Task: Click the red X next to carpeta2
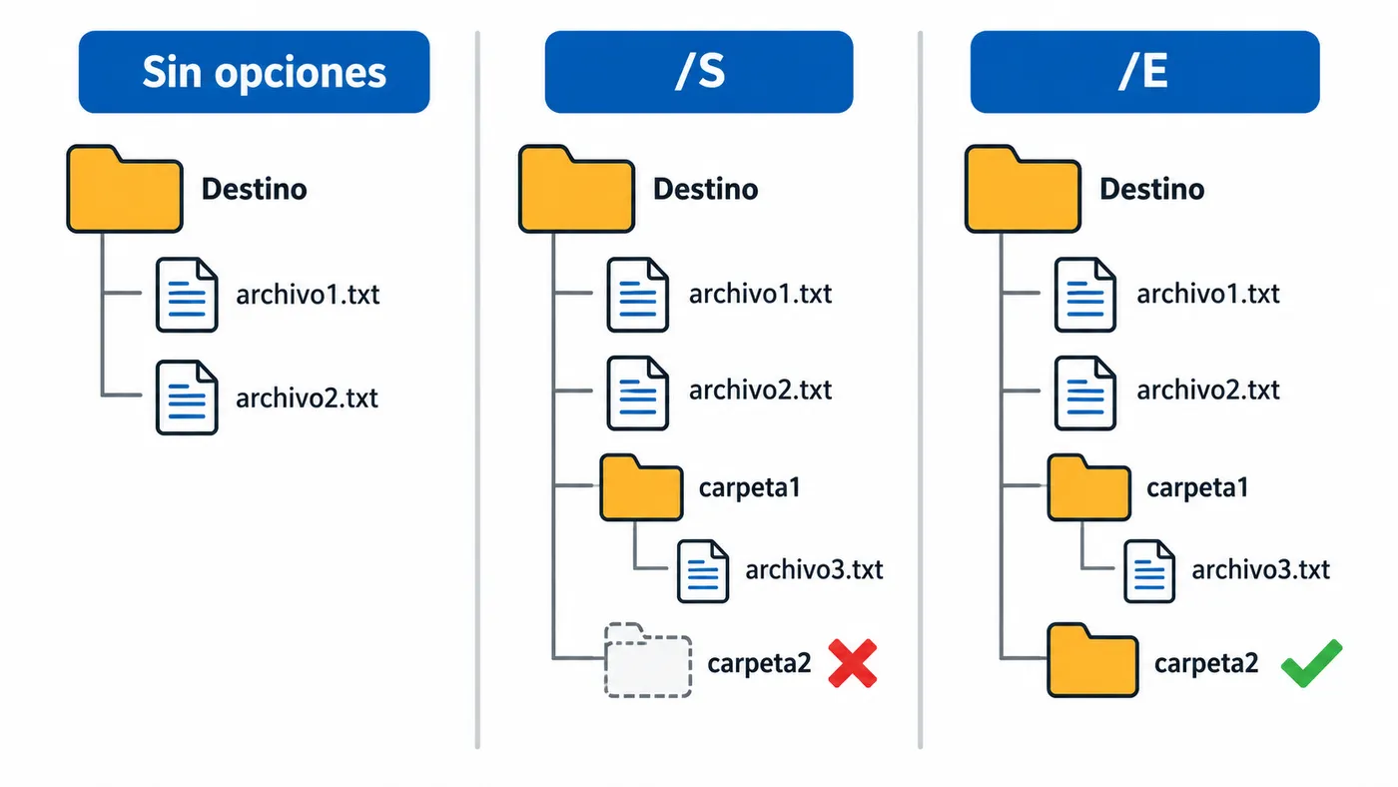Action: (853, 663)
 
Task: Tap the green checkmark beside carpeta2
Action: (1311, 663)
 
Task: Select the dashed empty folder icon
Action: (648, 660)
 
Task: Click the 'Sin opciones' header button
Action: (254, 72)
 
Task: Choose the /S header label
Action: (699, 72)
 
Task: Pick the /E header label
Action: (1144, 72)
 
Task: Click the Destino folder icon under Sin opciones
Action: (125, 189)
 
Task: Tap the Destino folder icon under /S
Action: (577, 189)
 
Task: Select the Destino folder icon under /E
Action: (1023, 189)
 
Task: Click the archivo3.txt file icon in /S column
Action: (703, 571)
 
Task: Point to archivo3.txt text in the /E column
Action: (1260, 570)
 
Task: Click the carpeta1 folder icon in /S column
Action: (641, 487)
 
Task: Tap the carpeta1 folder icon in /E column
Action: (1089, 487)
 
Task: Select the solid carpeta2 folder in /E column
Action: (1092, 660)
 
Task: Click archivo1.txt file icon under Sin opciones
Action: (187, 295)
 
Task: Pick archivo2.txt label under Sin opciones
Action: (308, 398)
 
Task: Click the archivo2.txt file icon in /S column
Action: (638, 393)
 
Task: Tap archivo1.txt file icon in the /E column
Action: (1085, 295)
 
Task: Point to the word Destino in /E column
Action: (1151, 189)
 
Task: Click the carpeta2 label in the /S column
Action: (759, 663)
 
